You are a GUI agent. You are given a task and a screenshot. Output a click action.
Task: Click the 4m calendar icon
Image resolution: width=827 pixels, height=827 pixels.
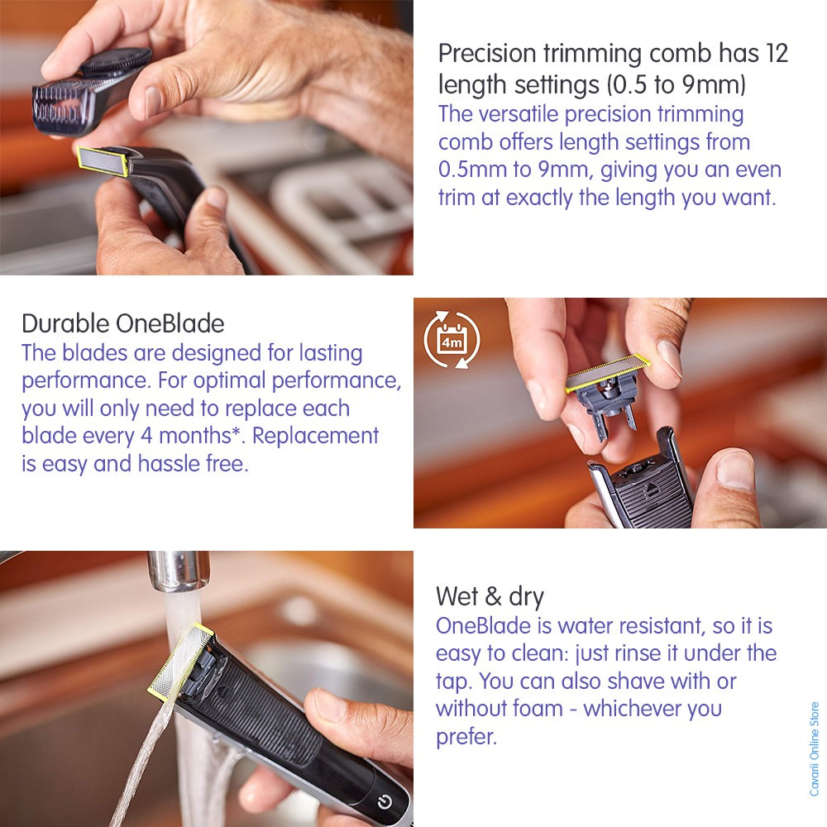452,340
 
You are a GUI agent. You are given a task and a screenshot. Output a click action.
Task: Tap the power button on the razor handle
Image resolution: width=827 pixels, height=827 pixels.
385,802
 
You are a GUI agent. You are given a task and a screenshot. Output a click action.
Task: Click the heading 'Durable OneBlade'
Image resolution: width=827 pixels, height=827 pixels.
123,323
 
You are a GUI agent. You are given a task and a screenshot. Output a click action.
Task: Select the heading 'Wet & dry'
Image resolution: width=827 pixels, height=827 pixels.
490,596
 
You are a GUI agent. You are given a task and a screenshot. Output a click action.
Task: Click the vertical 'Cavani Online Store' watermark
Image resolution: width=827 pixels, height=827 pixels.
815,749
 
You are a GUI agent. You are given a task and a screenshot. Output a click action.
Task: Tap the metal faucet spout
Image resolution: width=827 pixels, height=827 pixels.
179,571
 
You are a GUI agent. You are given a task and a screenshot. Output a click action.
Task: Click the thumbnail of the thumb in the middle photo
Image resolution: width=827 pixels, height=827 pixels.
735,470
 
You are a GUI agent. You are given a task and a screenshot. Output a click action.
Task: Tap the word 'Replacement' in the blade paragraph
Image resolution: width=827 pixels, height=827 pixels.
315,436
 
